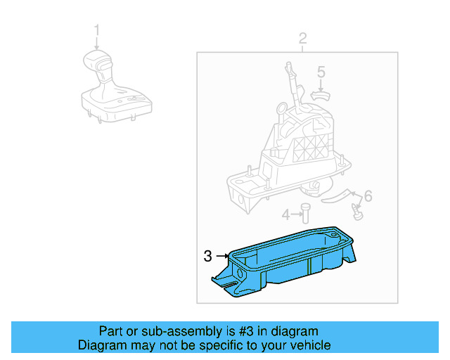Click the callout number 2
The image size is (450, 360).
click(302, 38)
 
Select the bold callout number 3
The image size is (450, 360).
click(207, 257)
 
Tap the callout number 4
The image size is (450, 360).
click(285, 214)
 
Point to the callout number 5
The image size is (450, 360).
click(321, 72)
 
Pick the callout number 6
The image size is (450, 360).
click(367, 195)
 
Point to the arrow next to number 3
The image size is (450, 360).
click(221, 257)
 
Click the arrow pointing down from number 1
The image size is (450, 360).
click(97, 43)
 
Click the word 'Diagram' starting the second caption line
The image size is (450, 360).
click(100, 345)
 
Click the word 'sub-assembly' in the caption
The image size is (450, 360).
click(159, 331)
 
